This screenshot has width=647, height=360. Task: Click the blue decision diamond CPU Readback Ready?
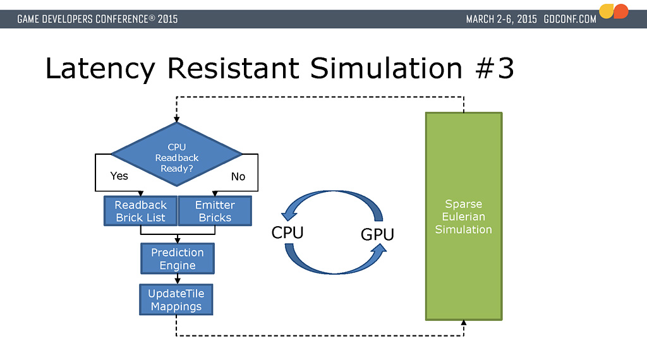[177, 154]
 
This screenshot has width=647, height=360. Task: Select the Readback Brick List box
[140, 211]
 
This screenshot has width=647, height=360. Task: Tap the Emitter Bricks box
[215, 211]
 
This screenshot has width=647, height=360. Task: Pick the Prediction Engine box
[177, 258]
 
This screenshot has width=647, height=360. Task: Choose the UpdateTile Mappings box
[176, 299]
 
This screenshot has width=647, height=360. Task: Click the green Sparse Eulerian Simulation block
[464, 216]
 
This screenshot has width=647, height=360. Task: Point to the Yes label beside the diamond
[119, 176]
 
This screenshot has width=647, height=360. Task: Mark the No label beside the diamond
[238, 176]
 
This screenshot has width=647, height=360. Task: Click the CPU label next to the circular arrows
[287, 232]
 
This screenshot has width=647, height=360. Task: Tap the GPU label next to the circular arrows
[377, 234]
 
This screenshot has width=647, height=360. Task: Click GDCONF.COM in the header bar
[570, 19]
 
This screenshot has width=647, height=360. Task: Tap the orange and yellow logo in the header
[614, 11]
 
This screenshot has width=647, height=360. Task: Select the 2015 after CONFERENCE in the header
[167, 19]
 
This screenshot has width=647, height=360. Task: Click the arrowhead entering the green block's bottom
[464, 323]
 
